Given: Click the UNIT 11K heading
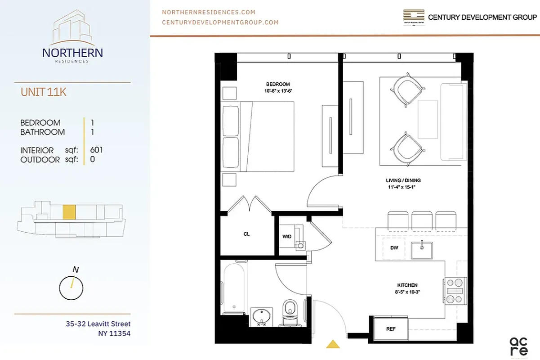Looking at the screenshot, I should click(x=44, y=92).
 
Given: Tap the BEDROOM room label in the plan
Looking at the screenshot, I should click(x=278, y=84).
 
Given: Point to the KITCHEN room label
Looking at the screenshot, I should click(x=407, y=285).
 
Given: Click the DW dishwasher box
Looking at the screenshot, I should click(x=394, y=248).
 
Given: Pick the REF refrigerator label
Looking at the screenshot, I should click(x=391, y=329).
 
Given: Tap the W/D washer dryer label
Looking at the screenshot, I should click(x=286, y=237).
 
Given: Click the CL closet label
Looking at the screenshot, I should click(x=246, y=234).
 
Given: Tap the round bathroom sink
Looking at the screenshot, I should click(x=261, y=315).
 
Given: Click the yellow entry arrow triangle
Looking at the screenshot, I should click(x=332, y=344).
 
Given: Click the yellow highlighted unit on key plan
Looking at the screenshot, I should click(x=69, y=212).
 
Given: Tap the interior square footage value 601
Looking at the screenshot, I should click(x=97, y=150).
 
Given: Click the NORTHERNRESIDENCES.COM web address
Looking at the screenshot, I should click(x=209, y=12).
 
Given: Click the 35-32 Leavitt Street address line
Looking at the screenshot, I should click(x=98, y=324).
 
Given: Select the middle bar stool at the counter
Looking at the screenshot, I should click(x=422, y=220).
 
